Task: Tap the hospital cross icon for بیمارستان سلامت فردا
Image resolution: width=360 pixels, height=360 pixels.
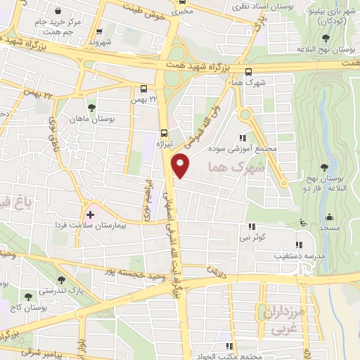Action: pyautogui.click(x=90, y=213)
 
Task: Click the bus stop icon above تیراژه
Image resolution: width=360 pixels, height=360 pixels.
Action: pyautogui.click(x=165, y=132)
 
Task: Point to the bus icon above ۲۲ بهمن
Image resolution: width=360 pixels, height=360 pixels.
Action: pyautogui.click(x=143, y=89)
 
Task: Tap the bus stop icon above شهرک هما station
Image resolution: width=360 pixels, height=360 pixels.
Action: pyautogui.click(x=248, y=71)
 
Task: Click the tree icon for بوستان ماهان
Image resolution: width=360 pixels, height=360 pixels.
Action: pyautogui.click(x=92, y=108)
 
